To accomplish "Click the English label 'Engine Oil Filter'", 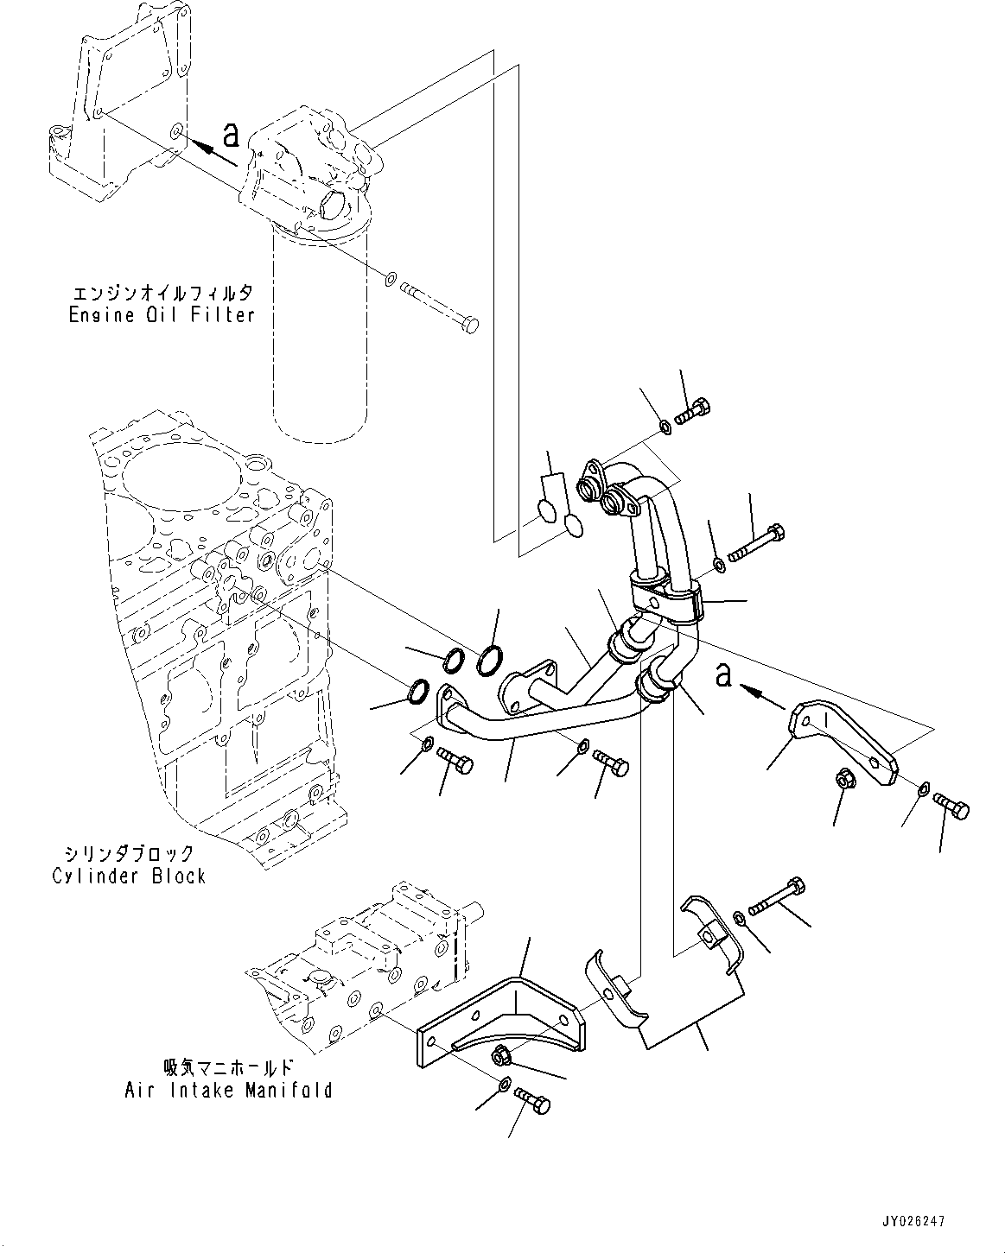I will (162, 315).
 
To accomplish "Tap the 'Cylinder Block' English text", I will (129, 876).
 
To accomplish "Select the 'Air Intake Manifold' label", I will (227, 1091).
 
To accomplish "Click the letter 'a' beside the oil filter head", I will (230, 134).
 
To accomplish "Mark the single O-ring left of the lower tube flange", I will (417, 691).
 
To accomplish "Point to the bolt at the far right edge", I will (952, 807).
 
